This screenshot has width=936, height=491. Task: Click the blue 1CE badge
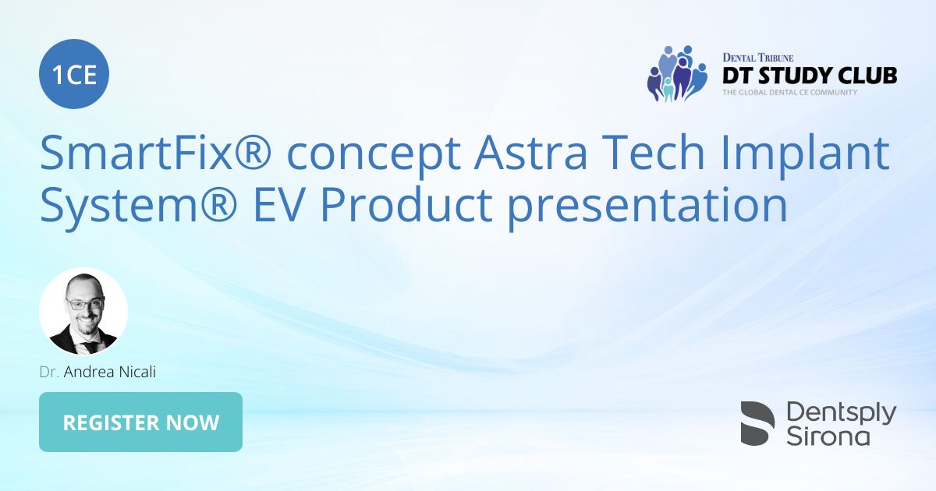[x=74, y=76]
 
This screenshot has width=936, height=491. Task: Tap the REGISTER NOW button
[x=140, y=422]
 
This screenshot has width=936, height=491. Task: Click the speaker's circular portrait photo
[x=83, y=312]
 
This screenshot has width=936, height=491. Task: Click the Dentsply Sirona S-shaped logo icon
[x=757, y=423]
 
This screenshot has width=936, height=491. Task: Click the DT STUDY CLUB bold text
[x=809, y=76]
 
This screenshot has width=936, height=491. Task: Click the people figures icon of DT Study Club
[x=676, y=74]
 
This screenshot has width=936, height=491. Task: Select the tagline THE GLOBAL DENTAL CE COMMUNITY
[x=789, y=92]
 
